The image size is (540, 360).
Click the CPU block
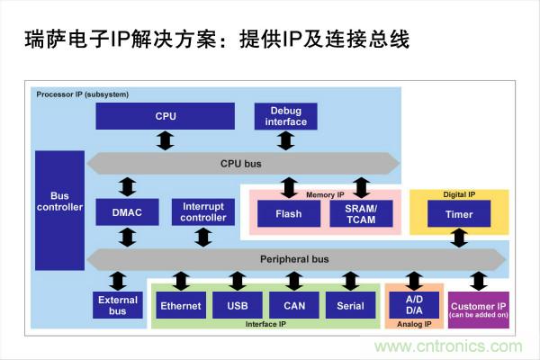(165, 116)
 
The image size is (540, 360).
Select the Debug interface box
(285, 115)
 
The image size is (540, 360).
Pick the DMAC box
(127, 212)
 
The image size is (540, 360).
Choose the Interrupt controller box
(203, 212)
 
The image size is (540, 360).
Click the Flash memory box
(288, 214)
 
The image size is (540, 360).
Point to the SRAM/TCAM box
(361, 214)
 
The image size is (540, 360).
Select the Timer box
(458, 214)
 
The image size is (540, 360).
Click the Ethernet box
(181, 306)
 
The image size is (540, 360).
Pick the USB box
(238, 306)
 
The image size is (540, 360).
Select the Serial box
(350, 306)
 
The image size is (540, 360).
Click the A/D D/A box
(414, 305)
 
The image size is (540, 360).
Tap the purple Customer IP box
(479, 309)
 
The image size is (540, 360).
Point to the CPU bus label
(241, 164)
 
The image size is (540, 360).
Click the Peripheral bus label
(294, 259)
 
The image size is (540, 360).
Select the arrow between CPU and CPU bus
(165, 140)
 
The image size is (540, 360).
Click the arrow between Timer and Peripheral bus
(459, 238)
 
